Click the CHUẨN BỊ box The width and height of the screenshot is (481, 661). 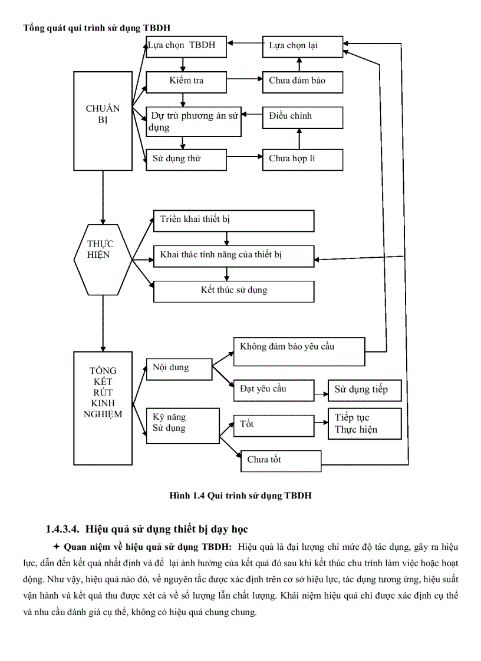(103, 121)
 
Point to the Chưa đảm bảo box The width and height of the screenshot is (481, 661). (302, 81)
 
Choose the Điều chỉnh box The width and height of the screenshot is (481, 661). (302, 117)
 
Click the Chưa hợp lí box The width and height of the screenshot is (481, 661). (302, 159)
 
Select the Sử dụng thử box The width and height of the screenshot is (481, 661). (186, 159)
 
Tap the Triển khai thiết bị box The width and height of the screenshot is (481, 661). (233, 220)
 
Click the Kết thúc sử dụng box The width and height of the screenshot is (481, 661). (233, 291)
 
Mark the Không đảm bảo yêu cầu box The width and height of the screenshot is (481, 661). (299, 351)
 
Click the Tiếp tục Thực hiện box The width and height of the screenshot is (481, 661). (364, 423)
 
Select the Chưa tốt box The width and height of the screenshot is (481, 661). (281, 461)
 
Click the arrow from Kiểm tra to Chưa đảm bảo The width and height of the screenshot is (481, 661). (245, 79)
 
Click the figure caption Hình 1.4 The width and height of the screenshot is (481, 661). (240, 496)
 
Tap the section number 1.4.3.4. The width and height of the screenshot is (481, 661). (65, 529)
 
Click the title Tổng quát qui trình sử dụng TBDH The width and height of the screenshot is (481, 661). (97, 28)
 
